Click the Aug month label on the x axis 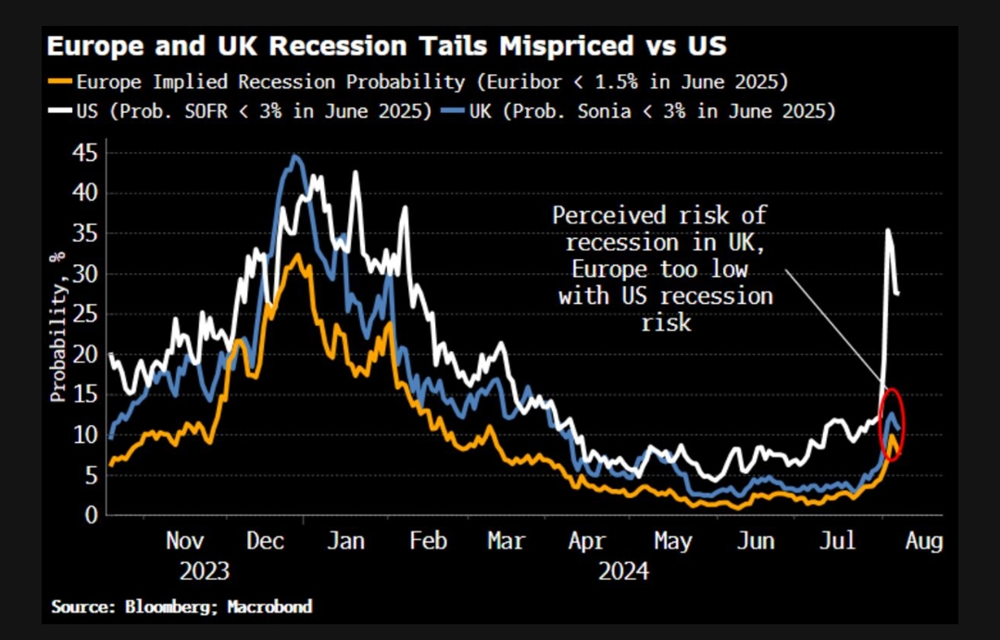pos(922,541)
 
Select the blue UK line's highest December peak pos(294,156)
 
